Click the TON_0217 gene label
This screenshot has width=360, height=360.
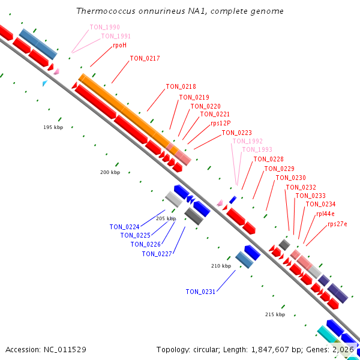[145, 59]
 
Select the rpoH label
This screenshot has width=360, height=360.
[119, 45]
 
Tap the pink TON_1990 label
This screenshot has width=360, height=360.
[104, 27]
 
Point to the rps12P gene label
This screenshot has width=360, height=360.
[221, 123]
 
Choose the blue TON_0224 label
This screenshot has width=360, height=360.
[124, 227]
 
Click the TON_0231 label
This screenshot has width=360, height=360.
[200, 292]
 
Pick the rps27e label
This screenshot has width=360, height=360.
[337, 224]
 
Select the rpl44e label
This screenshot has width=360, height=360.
[325, 214]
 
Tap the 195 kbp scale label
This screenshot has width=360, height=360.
[53, 127]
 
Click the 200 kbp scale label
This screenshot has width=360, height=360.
[110, 172]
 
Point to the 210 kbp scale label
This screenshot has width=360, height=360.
[221, 266]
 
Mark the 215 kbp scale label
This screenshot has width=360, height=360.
[275, 314]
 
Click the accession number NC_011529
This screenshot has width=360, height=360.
[65, 350]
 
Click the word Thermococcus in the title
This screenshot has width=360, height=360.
[106, 11]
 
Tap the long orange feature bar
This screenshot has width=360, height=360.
[128, 114]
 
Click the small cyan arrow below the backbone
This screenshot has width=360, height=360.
[45, 83]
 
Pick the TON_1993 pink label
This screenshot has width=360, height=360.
[257, 149]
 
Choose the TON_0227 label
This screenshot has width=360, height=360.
[157, 254]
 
